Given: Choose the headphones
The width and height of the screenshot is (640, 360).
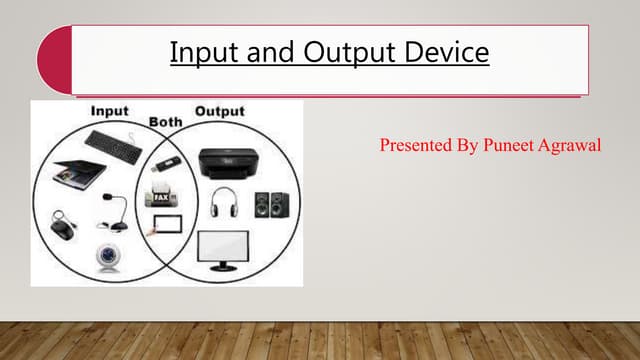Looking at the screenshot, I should [223, 203].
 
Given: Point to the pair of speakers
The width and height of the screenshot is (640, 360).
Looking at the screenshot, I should [271, 206].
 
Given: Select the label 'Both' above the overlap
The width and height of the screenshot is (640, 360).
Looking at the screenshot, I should [165, 121].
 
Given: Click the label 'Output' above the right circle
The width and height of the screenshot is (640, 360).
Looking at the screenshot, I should [219, 109].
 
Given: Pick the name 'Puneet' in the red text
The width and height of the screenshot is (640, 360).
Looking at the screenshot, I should [509, 147].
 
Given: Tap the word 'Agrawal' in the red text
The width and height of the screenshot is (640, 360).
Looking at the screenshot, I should [575, 147].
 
